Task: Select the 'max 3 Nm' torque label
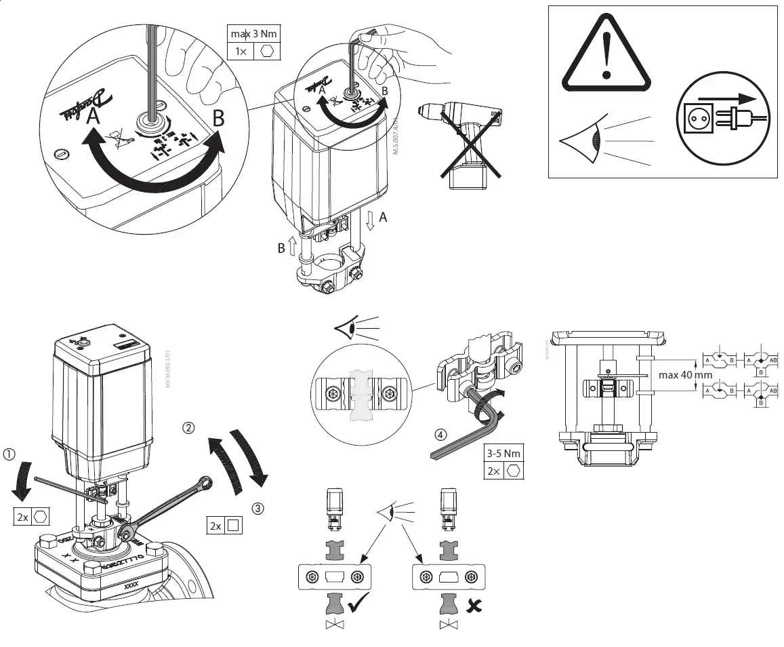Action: click(254, 33)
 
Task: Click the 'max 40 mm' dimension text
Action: click(685, 374)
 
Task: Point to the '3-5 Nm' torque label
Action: click(504, 453)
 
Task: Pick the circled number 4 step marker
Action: click(440, 433)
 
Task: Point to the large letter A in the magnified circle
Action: click(94, 117)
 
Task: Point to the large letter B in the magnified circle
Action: click(218, 118)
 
